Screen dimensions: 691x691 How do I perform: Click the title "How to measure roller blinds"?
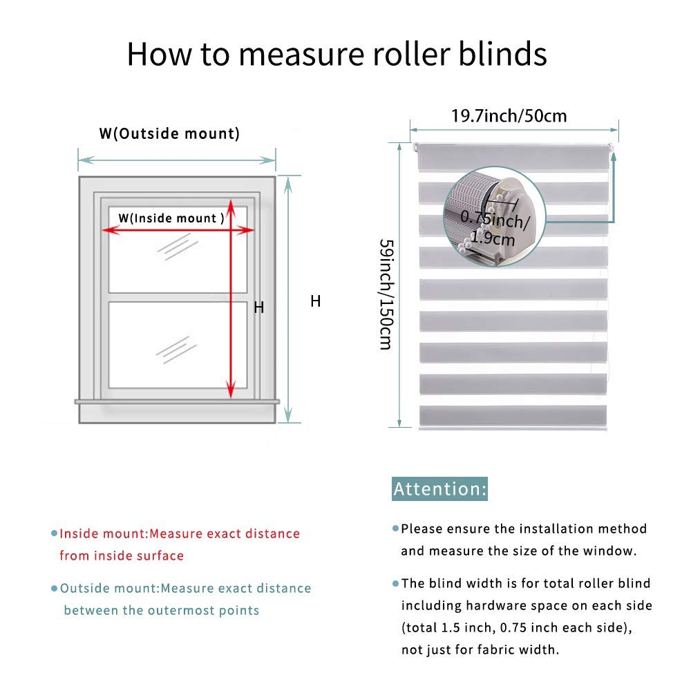[x=337, y=55]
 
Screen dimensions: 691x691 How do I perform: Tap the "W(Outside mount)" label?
[x=169, y=133]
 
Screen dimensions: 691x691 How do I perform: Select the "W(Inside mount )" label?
[x=171, y=218]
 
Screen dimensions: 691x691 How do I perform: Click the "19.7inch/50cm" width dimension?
[x=509, y=115]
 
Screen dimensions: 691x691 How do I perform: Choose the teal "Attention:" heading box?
[x=440, y=489]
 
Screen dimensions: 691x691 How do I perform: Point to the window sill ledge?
[x=178, y=401]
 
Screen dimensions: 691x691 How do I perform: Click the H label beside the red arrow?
[x=258, y=307]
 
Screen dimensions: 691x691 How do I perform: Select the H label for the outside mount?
[x=315, y=301]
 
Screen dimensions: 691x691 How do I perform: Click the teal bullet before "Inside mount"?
[x=54, y=533]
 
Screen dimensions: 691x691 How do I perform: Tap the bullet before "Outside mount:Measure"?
[x=54, y=589]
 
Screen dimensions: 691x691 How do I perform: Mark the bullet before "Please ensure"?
[x=396, y=529]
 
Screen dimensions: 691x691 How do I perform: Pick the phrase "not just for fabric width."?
[x=480, y=650]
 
